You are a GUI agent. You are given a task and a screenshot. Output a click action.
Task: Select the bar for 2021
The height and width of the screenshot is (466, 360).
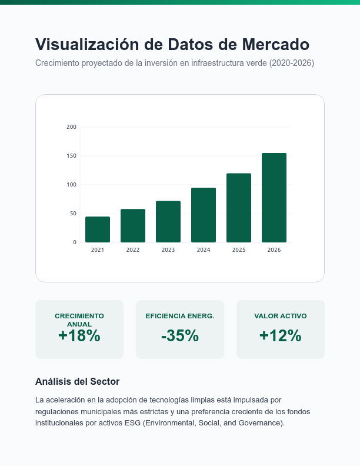tap(98, 229)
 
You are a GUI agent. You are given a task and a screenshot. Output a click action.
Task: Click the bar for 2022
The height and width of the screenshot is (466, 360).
tap(133, 226)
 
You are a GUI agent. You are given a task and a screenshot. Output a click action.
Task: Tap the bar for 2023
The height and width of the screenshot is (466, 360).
tap(168, 222)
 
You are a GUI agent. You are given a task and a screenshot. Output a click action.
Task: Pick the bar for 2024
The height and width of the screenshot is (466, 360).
tap(204, 215)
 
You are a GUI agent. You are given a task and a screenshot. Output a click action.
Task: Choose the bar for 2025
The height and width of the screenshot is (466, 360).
tap(239, 208)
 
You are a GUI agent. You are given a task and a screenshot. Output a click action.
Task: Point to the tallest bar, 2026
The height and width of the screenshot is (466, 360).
tap(274, 198)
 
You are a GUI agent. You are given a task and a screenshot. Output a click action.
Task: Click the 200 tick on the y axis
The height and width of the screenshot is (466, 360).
tap(71, 127)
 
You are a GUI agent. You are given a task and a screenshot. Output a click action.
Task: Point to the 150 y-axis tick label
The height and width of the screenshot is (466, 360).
tap(71, 156)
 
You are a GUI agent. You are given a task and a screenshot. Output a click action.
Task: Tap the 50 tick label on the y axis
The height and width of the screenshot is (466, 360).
tap(73, 214)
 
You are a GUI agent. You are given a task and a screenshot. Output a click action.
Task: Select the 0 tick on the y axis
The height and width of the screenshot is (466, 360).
tap(75, 242)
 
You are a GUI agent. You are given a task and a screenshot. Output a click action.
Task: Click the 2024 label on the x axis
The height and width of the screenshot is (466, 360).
tap(204, 250)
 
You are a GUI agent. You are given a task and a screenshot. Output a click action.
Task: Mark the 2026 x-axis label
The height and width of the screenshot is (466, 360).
tap(274, 250)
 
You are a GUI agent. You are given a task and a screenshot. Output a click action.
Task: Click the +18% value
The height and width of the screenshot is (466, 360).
tap(79, 336)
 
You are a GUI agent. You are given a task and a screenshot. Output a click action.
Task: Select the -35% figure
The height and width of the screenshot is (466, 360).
tap(180, 336)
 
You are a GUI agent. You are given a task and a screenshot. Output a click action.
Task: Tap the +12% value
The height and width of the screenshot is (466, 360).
tap(281, 336)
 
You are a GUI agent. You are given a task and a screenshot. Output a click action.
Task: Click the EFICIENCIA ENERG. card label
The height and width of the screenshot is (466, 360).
tap(180, 316)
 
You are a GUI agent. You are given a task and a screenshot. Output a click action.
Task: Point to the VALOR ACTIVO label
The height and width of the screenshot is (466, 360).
tap(281, 316)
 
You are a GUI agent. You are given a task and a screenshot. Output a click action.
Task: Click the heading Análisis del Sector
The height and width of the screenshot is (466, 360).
tap(77, 382)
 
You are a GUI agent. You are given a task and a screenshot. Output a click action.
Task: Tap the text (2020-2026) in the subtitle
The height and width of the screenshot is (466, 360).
tap(292, 63)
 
